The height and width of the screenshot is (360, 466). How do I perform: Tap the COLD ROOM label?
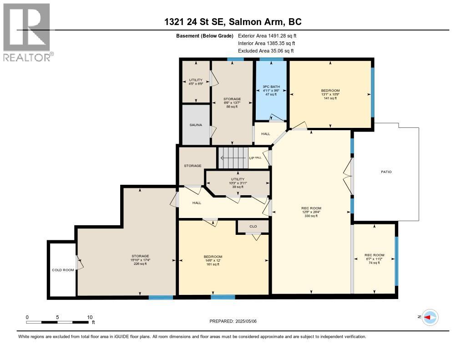tap(63, 270)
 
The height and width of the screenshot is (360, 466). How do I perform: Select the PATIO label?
tap(386, 172)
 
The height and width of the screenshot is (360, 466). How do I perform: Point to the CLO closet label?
tap(253, 226)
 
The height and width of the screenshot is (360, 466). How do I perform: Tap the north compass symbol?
tap(430, 317)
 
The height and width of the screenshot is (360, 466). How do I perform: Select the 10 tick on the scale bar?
tap(90, 317)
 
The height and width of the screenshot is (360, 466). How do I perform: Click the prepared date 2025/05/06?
tap(233, 321)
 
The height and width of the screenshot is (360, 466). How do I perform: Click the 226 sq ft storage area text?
tap(140, 264)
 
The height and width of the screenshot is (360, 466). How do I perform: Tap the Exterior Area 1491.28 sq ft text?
tap(267, 35)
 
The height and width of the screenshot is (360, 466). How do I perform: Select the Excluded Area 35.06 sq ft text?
tap(266, 51)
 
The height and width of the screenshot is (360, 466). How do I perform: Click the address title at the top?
tap(233, 22)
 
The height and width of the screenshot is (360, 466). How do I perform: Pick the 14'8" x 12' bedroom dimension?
tap(213, 260)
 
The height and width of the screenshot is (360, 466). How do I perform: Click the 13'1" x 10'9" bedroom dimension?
tap(330, 94)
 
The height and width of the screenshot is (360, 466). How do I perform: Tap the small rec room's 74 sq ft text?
tap(375, 263)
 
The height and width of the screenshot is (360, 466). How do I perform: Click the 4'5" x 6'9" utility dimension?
tap(195, 84)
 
